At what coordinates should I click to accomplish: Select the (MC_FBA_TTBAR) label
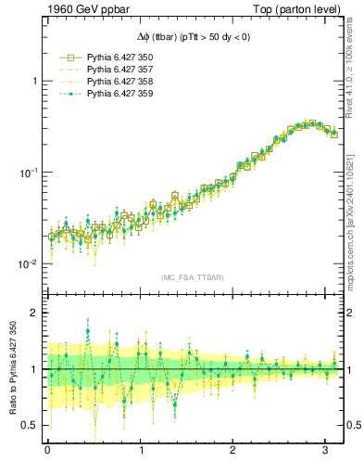click(193, 278)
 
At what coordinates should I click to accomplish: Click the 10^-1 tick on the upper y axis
click(29, 173)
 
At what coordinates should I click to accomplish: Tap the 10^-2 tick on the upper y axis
click(29, 264)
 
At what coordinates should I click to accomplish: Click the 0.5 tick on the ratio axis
click(31, 425)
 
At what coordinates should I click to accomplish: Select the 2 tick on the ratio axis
click(34, 313)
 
